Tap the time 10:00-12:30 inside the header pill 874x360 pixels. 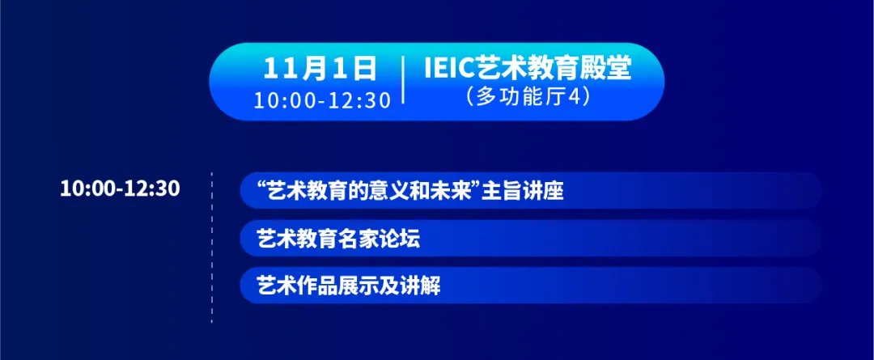pos(322,100)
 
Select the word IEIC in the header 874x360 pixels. pos(449,69)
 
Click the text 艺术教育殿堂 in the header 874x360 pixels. pos(553,69)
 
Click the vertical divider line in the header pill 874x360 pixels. pos(403,80)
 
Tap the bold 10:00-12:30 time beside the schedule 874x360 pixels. pos(120,189)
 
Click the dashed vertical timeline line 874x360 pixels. pos(212,248)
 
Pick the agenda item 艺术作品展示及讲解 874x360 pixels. pos(349,286)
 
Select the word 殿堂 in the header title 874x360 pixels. pos(605,69)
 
